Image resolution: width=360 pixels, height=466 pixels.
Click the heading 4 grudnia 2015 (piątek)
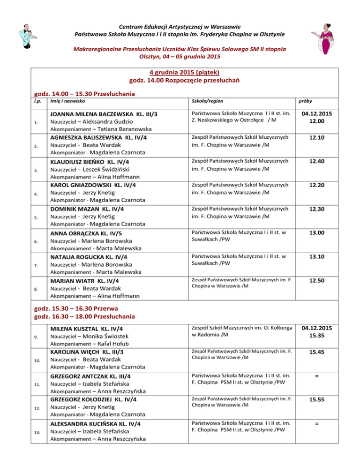(180, 72)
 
